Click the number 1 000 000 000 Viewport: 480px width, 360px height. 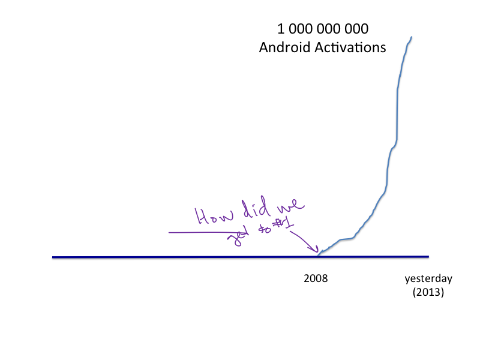(x=322, y=28)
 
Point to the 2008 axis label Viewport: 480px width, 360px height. (x=316, y=278)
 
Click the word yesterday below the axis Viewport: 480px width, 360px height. (x=428, y=278)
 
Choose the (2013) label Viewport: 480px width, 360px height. (x=428, y=293)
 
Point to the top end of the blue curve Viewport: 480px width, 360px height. (x=412, y=37)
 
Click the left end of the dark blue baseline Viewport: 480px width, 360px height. (x=53, y=257)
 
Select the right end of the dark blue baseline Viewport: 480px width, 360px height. (x=428, y=256)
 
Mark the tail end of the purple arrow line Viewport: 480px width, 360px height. (x=170, y=232)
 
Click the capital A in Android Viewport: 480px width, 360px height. (x=264, y=47)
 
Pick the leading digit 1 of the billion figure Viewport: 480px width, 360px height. (x=280, y=28)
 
